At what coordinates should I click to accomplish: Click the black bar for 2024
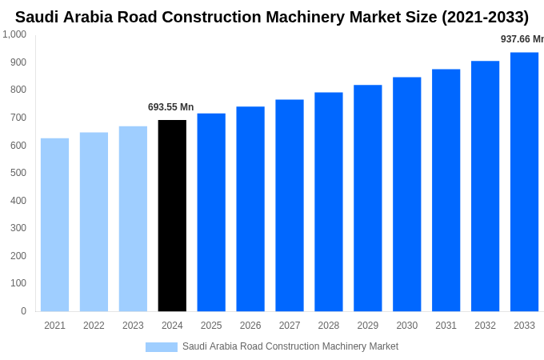pyautogui.click(x=172, y=216)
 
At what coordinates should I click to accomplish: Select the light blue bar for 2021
pyautogui.click(x=54, y=225)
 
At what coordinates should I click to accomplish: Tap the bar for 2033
pyautogui.click(x=524, y=182)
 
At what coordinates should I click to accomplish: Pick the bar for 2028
pyautogui.click(x=328, y=202)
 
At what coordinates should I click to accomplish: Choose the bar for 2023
pyautogui.click(x=133, y=218)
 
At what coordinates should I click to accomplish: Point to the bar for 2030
pyautogui.click(x=406, y=194)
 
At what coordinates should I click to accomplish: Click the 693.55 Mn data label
pyautogui.click(x=170, y=107)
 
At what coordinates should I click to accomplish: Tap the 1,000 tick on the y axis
pyautogui.click(x=14, y=34)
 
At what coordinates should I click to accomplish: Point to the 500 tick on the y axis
pyautogui.click(x=18, y=173)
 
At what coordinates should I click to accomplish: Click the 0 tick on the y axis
pyautogui.click(x=23, y=311)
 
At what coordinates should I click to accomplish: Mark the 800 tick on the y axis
pyautogui.click(x=18, y=90)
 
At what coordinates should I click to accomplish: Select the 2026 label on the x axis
pyautogui.click(x=250, y=326)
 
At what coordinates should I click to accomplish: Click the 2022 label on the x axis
pyautogui.click(x=94, y=326)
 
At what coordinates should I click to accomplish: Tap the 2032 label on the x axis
pyautogui.click(x=485, y=326)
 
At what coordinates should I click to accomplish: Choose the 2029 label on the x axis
pyautogui.click(x=367, y=326)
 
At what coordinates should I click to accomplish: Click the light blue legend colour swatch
pyautogui.click(x=161, y=347)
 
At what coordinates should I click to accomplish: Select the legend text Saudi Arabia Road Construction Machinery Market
pyautogui.click(x=290, y=346)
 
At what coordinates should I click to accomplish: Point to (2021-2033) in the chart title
pyautogui.click(x=485, y=17)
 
